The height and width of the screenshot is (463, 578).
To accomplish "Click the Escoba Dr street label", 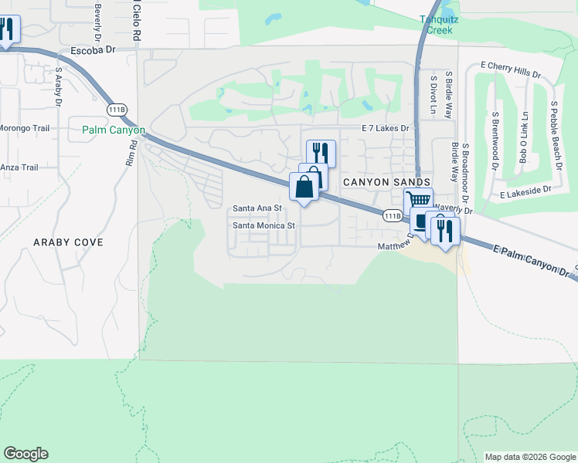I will tap(92, 49).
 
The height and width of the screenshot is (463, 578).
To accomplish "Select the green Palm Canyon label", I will tap(114, 130).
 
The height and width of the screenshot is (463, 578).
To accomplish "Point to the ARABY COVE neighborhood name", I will tap(68, 242).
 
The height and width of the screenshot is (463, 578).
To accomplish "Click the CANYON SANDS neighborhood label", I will tap(386, 181).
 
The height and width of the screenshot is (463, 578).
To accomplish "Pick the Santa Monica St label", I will tap(265, 226).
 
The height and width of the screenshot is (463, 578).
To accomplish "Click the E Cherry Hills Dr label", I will tap(510, 69).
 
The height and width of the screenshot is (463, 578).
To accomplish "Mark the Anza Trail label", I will tap(19, 167).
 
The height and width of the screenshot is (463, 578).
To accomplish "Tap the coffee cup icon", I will tap(422, 222).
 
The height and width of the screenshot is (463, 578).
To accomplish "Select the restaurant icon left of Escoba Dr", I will tap(7, 29).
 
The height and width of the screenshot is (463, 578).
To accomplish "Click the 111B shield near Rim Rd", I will tap(117, 109).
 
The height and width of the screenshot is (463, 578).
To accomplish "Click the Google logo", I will tap(25, 454).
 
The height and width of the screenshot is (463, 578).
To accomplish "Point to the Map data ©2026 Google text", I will tap(530, 457).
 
